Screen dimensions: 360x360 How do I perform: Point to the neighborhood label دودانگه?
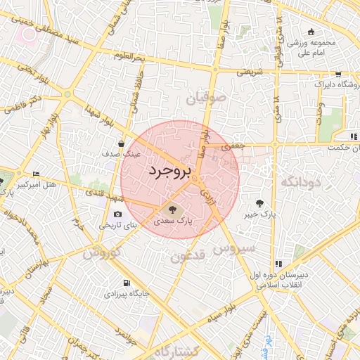click(x=301, y=182)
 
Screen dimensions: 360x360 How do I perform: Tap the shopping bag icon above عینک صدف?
click(x=122, y=143)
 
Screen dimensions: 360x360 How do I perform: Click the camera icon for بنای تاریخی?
click(x=117, y=214)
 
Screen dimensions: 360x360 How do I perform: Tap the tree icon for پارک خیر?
click(x=260, y=202)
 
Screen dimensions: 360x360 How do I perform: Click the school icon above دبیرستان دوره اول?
click(x=278, y=264)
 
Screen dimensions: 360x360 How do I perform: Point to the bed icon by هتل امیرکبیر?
click(x=37, y=174)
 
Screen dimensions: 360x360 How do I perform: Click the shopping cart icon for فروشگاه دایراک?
click(x=338, y=74)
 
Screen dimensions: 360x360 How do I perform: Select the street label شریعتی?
click(x=249, y=72)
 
